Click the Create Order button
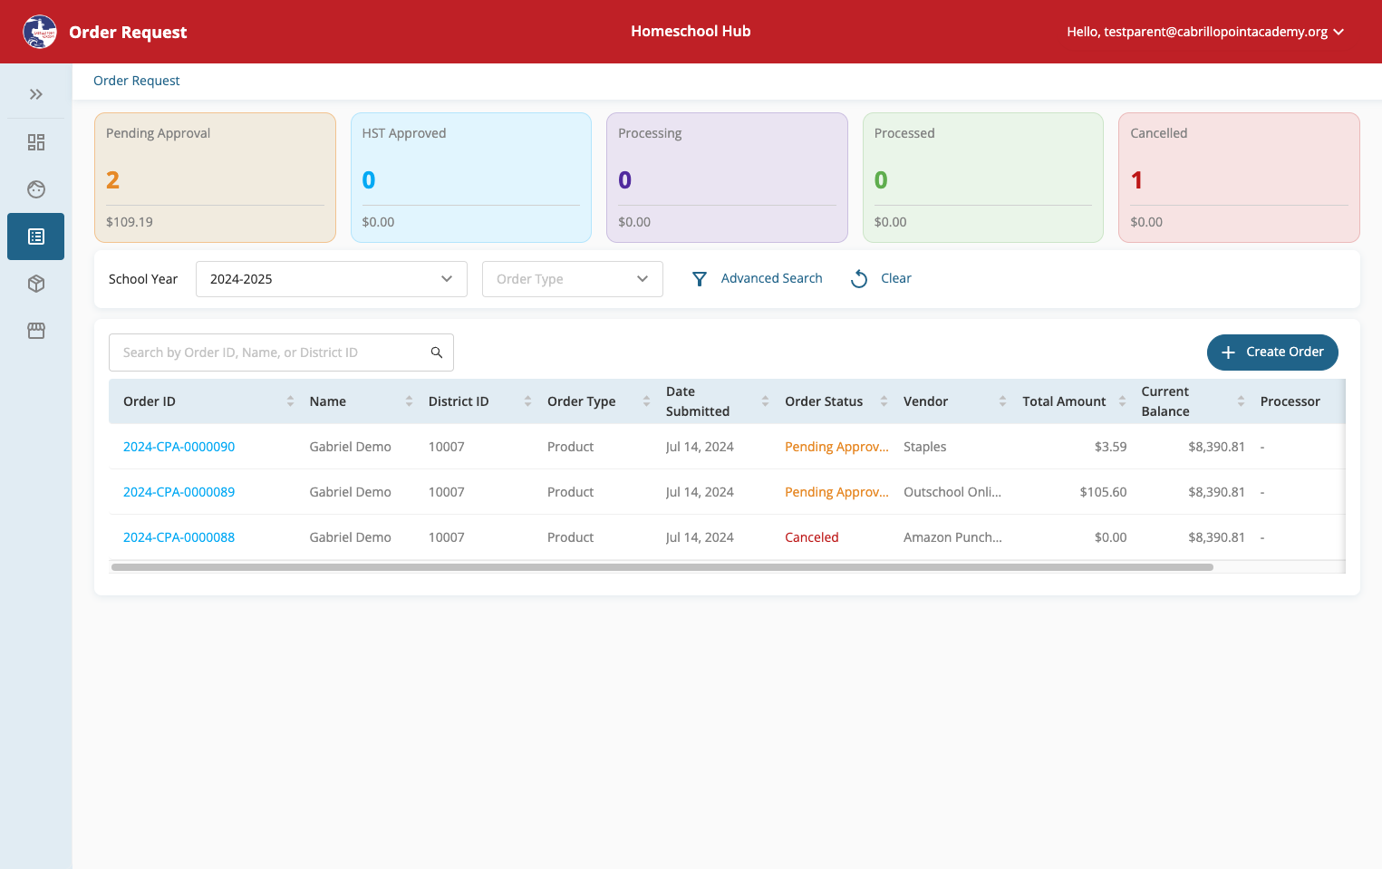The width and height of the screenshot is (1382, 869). (1272, 352)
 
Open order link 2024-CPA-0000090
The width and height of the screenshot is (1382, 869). (179, 447)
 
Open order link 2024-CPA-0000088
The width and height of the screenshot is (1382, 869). (179, 537)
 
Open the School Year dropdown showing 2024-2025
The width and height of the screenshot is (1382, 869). (332, 279)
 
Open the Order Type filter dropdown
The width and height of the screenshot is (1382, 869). (573, 279)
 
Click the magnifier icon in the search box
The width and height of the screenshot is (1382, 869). (436, 352)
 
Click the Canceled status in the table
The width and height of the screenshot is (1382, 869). (811, 537)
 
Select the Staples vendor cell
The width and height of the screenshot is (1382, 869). (924, 447)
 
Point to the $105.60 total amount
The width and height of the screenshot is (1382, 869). (1103, 492)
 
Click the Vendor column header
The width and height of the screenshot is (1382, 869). (925, 401)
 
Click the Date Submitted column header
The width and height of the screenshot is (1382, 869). (697, 401)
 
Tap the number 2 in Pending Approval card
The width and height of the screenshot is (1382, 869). (112, 180)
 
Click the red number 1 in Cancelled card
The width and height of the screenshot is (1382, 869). (1136, 180)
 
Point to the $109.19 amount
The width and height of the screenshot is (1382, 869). (129, 222)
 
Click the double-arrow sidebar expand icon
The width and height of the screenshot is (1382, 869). (35, 94)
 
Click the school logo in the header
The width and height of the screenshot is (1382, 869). (40, 32)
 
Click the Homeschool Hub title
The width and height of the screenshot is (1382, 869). (691, 31)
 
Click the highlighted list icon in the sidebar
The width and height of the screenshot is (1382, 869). (35, 237)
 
